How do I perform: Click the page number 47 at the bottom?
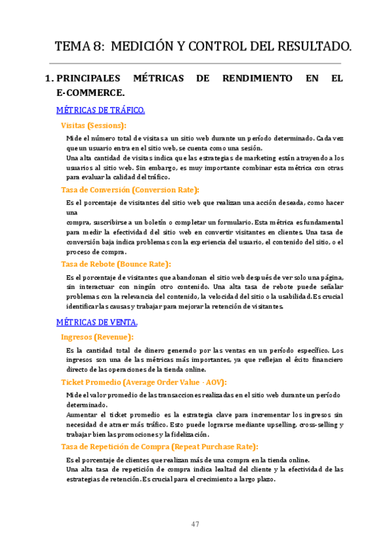click(x=195, y=525)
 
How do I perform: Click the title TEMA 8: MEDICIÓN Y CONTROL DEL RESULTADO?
click(x=203, y=47)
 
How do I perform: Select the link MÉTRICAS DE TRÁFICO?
click(x=100, y=110)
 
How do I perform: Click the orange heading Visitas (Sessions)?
click(x=93, y=125)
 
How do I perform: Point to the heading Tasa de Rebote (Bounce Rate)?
click(x=116, y=264)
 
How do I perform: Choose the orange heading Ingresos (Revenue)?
click(x=97, y=337)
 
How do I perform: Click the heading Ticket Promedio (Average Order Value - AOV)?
click(x=144, y=382)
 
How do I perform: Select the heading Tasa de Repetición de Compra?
click(x=160, y=447)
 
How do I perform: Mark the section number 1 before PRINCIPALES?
click(x=48, y=78)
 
